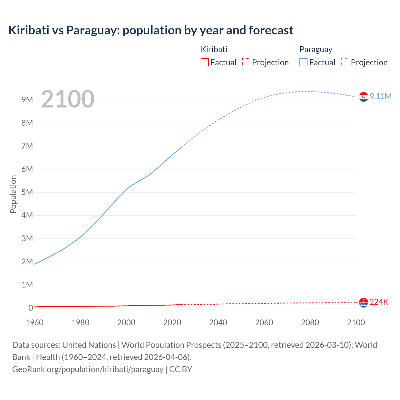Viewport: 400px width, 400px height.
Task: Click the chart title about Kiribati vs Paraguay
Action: [151, 30]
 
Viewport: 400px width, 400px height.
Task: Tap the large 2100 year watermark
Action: [67, 99]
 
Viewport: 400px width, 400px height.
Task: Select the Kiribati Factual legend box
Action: [204, 62]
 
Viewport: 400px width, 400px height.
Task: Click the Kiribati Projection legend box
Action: [246, 62]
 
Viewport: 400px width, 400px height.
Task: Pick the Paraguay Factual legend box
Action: [303, 62]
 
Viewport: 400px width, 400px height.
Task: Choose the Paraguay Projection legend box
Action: [345, 62]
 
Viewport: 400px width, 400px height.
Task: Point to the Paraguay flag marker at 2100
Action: [363, 97]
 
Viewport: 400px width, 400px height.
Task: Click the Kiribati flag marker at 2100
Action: [363, 302]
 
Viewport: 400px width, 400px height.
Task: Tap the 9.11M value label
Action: [381, 96]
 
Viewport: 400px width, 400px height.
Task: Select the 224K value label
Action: [379, 302]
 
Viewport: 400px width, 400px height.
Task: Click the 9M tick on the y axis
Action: [27, 100]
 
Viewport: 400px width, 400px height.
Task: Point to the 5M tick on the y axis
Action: [27, 192]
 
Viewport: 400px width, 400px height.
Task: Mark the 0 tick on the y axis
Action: [31, 308]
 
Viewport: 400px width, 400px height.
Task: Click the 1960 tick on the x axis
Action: [34, 322]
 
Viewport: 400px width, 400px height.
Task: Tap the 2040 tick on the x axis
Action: [218, 322]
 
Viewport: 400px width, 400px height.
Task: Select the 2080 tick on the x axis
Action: [310, 322]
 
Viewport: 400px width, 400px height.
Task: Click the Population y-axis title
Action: [13, 194]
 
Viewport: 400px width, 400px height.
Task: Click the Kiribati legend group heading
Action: [214, 49]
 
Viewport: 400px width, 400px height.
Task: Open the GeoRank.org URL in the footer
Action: [88, 369]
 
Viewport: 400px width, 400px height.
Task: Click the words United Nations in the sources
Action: [89, 345]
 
